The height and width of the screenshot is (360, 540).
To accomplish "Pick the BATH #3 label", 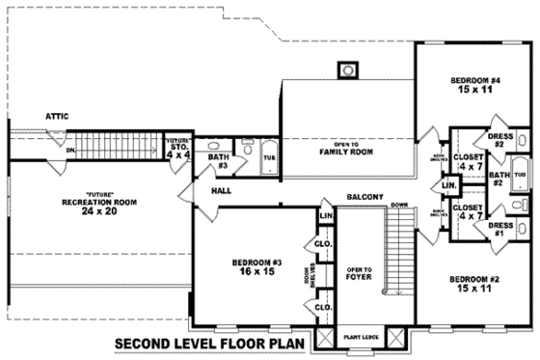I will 219,159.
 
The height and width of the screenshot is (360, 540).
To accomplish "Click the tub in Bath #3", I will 268,154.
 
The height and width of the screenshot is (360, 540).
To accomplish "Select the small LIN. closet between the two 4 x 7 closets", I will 449,184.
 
